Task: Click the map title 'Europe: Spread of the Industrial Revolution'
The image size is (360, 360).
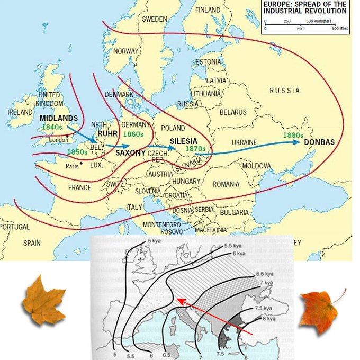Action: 305,7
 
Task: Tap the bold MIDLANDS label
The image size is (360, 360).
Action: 59,118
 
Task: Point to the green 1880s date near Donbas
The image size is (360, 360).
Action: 292,135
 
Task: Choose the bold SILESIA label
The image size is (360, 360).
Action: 184,141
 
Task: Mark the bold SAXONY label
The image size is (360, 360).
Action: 130,152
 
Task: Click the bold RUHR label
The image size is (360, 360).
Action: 107,134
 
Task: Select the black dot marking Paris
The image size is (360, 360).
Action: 81,163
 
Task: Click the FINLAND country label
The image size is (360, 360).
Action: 208,10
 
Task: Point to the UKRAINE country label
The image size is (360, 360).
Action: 244,142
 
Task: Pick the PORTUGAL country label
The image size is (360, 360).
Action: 14,227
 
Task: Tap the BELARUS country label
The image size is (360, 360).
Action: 233,112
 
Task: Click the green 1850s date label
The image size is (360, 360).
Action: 77,152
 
